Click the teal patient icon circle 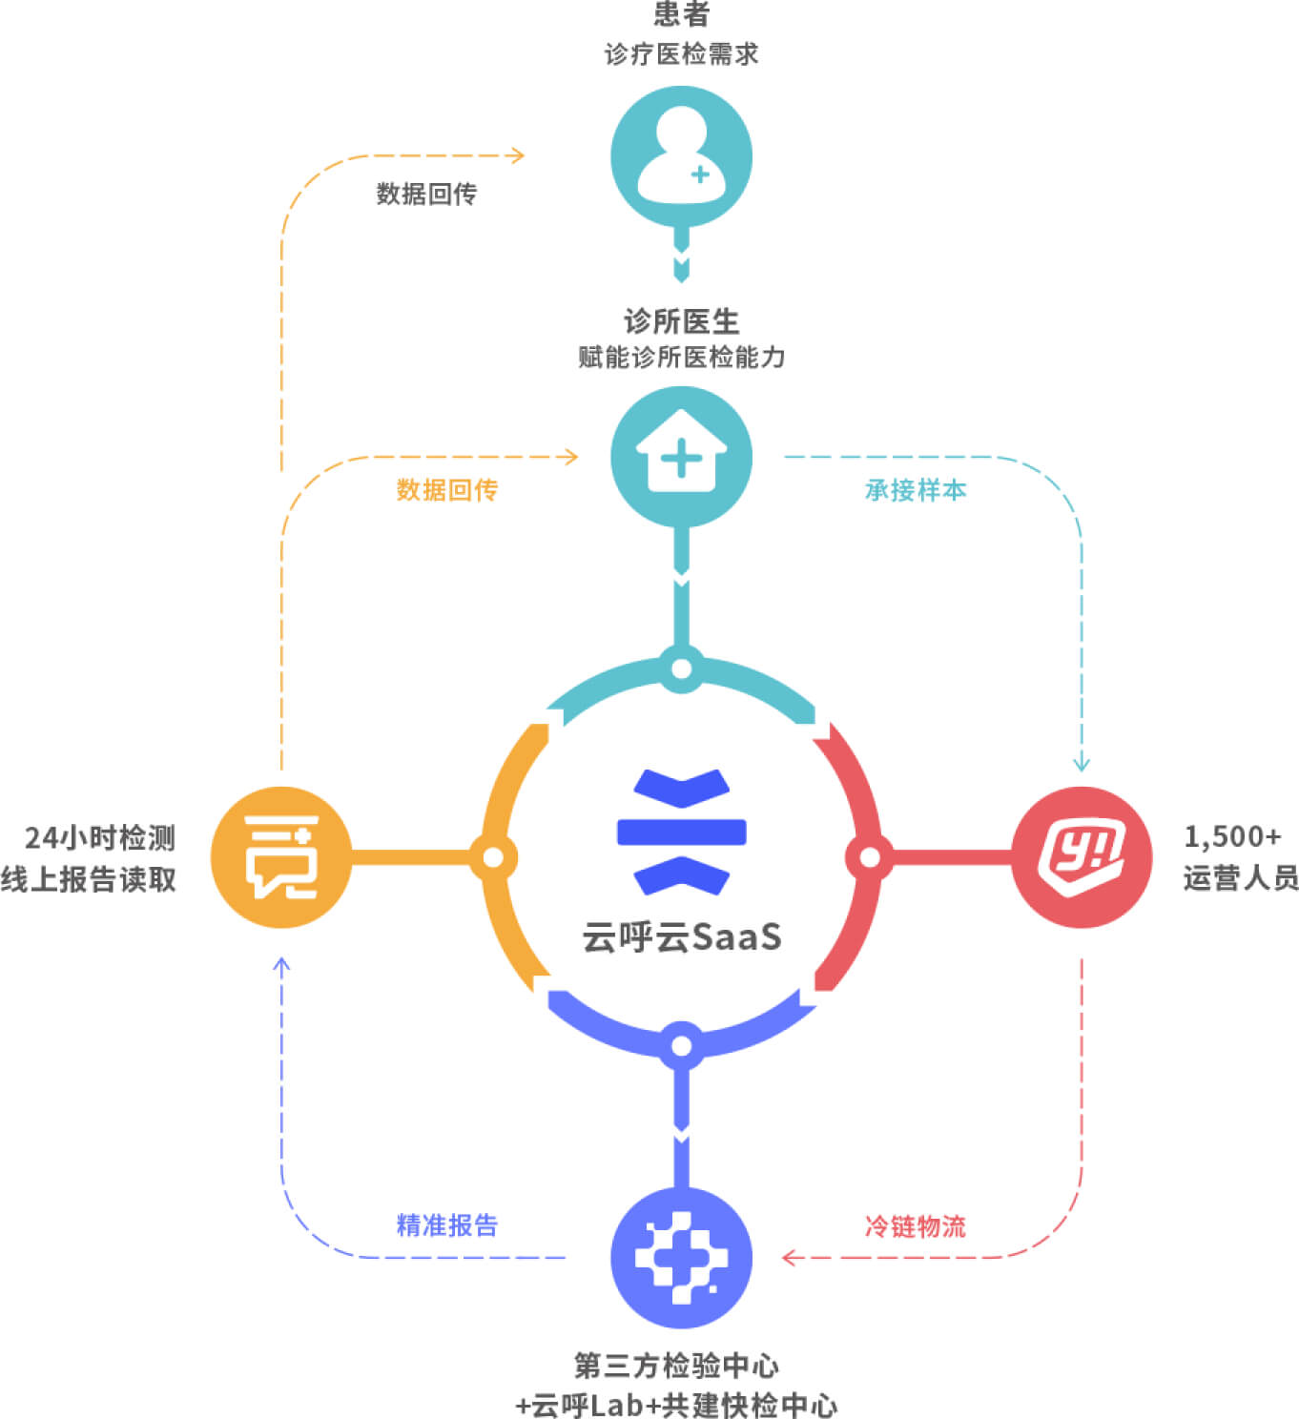(681, 156)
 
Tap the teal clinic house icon (681, 457)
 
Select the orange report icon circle (281, 857)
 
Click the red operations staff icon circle (1082, 857)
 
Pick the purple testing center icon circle (681, 1257)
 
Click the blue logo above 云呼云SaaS (681, 832)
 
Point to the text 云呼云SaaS (681, 936)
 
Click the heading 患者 (681, 14)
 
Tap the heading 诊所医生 (681, 321)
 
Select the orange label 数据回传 (446, 490)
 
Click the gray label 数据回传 (426, 194)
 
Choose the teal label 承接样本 (916, 490)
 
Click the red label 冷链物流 (916, 1225)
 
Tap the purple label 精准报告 (446, 1225)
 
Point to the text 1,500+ (1232, 836)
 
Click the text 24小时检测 (100, 837)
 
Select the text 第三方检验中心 (676, 1366)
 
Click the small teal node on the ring (681, 668)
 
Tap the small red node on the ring (869, 857)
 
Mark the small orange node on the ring (493, 857)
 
